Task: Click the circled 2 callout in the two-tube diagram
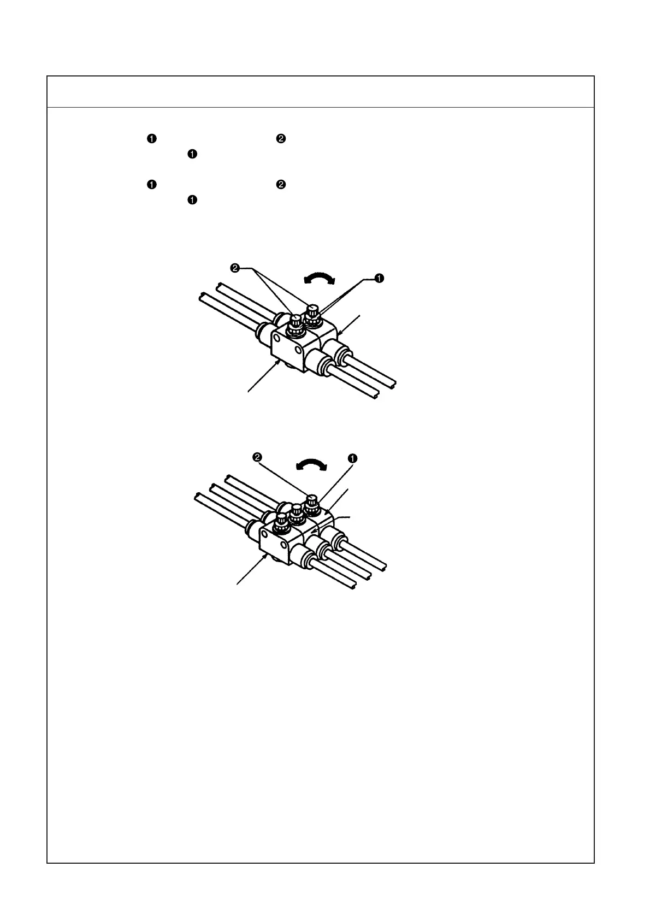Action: click(x=235, y=268)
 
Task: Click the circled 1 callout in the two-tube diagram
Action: click(x=379, y=279)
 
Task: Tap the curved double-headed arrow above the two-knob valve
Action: click(x=320, y=280)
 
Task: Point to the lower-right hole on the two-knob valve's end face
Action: click(x=297, y=349)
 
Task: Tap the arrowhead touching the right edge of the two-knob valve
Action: click(x=340, y=333)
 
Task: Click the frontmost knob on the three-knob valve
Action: click(x=281, y=523)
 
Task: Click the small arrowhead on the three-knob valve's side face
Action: click(x=313, y=530)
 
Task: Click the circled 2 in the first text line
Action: click(x=280, y=139)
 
